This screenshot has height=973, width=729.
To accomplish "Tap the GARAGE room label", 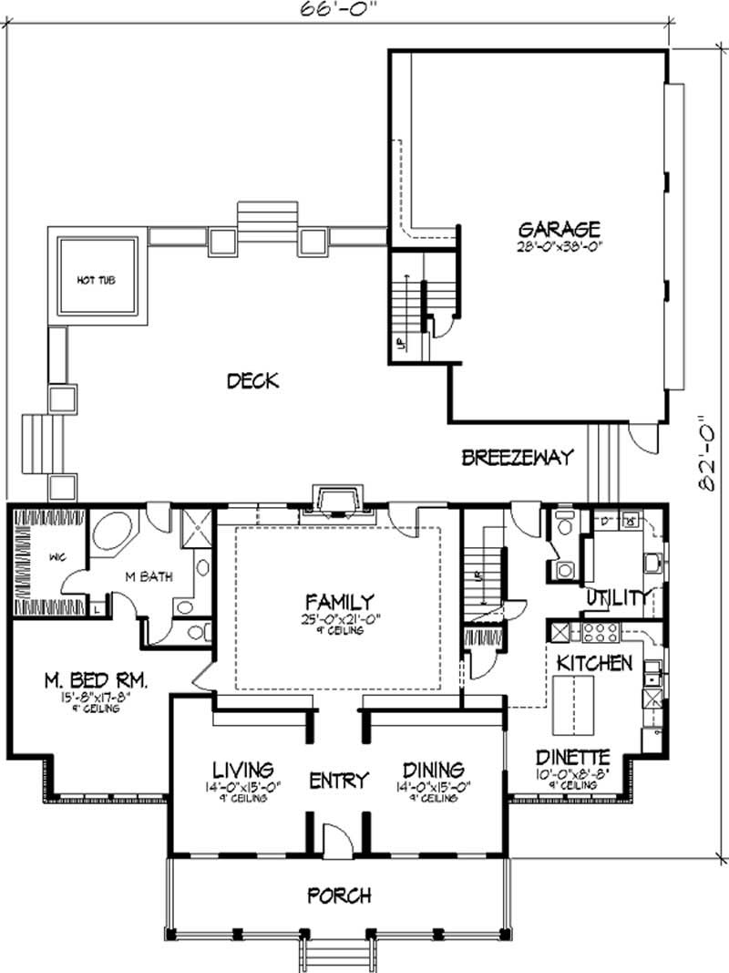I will pos(559,228).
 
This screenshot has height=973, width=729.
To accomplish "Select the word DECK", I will pos(252,380).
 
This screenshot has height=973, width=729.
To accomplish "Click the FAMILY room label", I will pos(339,602).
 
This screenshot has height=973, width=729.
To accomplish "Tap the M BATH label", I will pos(150,577).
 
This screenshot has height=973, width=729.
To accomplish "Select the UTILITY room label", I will pos(619,598).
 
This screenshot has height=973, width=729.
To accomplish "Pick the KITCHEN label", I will pos(594,663).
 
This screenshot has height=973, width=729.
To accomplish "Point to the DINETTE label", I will pos(573,756).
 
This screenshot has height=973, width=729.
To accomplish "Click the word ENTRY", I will pos(338,781).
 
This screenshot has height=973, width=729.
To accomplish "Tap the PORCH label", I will pos(339,895).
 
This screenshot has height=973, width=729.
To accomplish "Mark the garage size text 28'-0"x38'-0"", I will pos(559,246).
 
